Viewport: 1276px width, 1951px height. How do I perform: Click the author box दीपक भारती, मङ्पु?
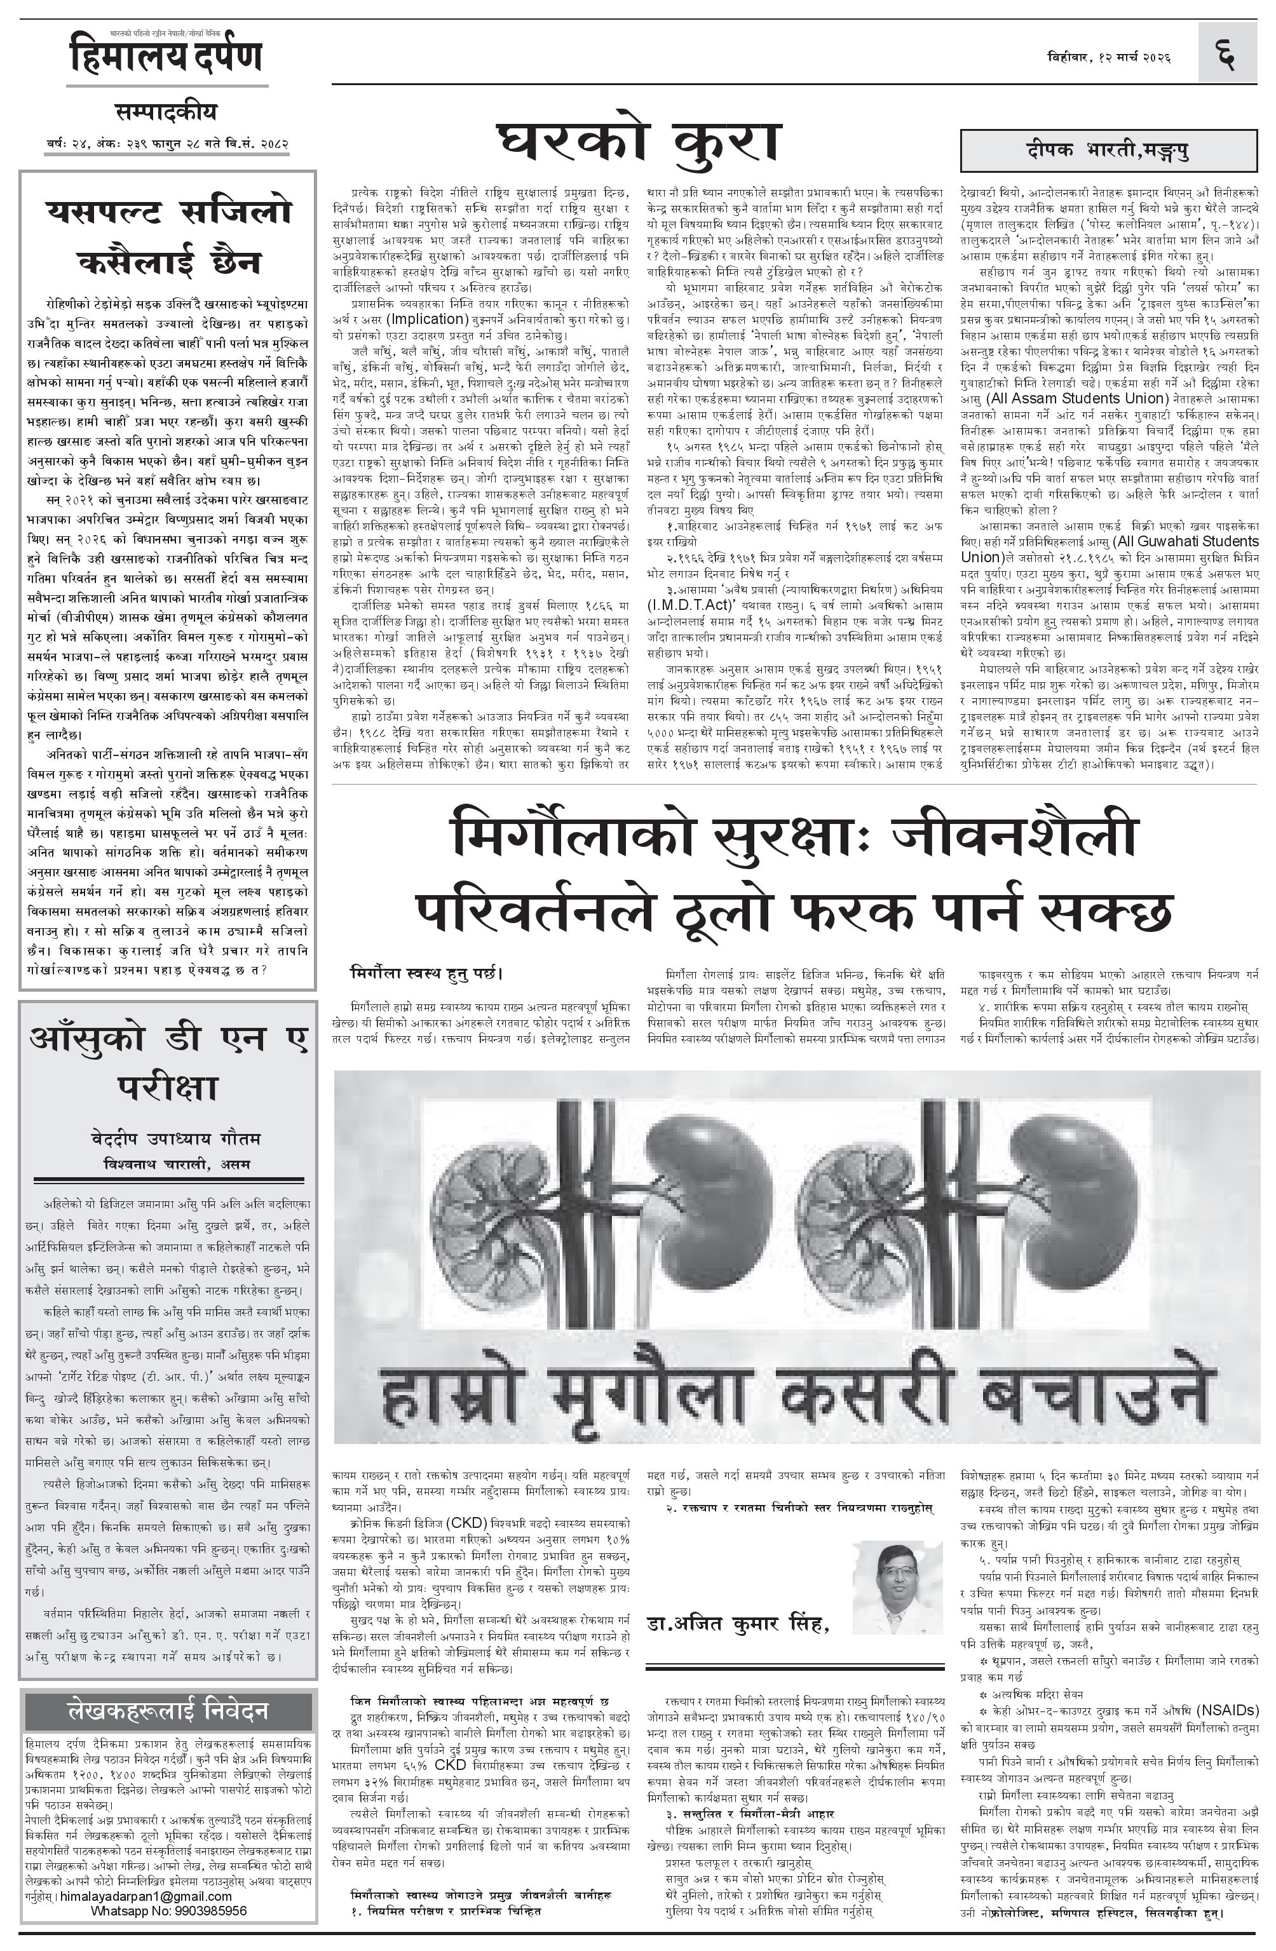coord(1108,150)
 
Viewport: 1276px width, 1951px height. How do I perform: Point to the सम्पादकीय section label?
coord(166,112)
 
